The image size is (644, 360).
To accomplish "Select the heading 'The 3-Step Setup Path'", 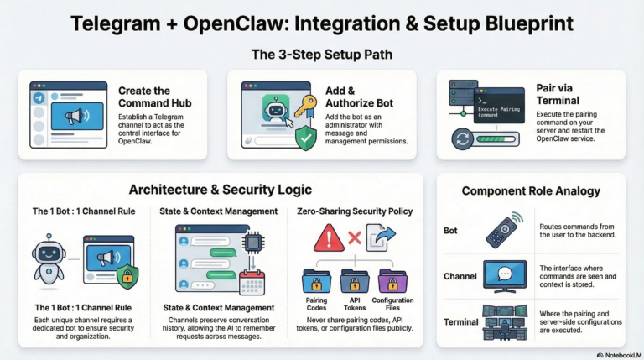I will pyautogui.click(x=321, y=55).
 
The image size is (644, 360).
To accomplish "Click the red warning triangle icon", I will pyautogui.click(x=327, y=239).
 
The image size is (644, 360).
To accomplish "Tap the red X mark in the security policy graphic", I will pyautogui.click(x=356, y=239).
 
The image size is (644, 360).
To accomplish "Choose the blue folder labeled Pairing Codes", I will pyautogui.click(x=316, y=282).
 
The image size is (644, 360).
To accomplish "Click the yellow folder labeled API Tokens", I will pyautogui.click(x=356, y=282).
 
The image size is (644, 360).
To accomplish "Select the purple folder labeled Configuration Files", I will pyautogui.click(x=393, y=282).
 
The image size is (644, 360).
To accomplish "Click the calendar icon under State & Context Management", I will pyautogui.click(x=252, y=282).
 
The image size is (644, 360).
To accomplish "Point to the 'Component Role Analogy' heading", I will pyautogui.click(x=531, y=191).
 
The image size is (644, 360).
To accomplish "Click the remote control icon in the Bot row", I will pyautogui.click(x=502, y=230).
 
